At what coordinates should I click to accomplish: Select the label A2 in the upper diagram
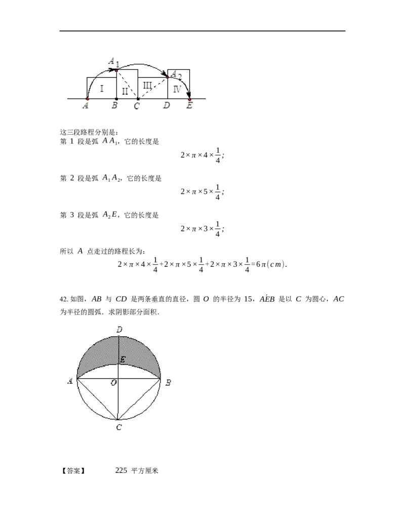pyautogui.click(x=176, y=75)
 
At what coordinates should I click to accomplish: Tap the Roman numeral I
pyautogui.click(x=101, y=88)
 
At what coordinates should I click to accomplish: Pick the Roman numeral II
pyautogui.click(x=125, y=92)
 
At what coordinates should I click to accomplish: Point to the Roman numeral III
pyautogui.click(x=147, y=85)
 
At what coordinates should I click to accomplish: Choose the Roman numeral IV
pyautogui.click(x=177, y=89)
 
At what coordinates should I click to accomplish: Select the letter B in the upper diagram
pyautogui.click(x=115, y=105)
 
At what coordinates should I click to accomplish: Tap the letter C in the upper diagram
pyautogui.click(x=137, y=106)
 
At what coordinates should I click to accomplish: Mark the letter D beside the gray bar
pyautogui.click(x=166, y=105)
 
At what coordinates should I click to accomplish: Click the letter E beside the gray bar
pyautogui.click(x=190, y=105)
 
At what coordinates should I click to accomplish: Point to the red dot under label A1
pyautogui.click(x=116, y=70)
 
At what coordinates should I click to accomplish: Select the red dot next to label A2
pyautogui.click(x=167, y=77)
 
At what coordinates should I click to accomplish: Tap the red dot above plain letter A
pyautogui.click(x=88, y=99)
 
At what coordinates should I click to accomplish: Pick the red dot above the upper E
pyautogui.click(x=189, y=99)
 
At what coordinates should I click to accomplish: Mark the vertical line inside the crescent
pyautogui.click(x=118, y=349)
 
